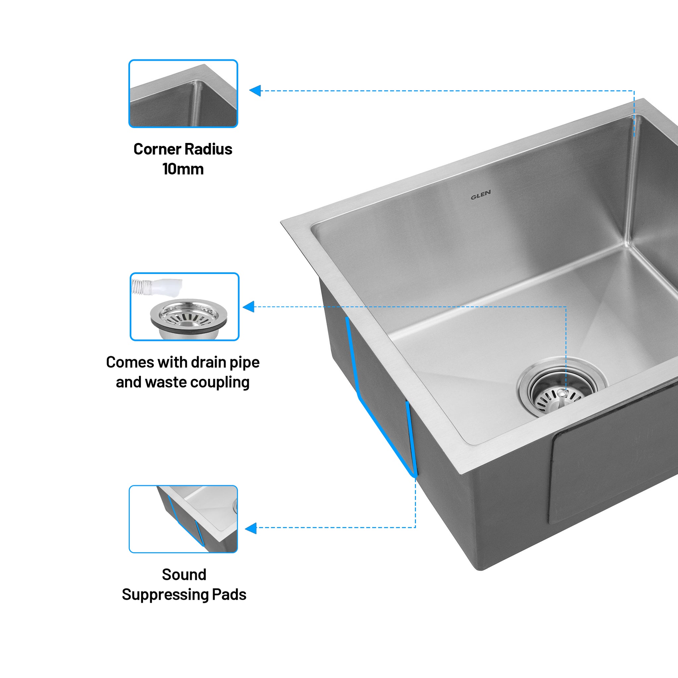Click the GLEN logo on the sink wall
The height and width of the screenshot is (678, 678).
(x=480, y=195)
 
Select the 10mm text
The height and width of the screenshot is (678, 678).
(x=183, y=169)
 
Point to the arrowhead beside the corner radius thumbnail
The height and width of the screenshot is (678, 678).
(x=255, y=91)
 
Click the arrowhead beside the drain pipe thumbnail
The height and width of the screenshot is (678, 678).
(x=249, y=307)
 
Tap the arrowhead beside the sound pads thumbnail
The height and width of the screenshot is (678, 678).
(x=251, y=528)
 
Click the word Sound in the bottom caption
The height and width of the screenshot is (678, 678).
(x=184, y=575)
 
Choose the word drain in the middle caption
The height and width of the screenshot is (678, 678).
(x=208, y=363)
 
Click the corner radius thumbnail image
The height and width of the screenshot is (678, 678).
(x=183, y=94)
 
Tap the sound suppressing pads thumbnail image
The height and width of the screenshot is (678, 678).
(x=183, y=519)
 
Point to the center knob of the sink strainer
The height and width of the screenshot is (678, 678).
(x=562, y=394)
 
